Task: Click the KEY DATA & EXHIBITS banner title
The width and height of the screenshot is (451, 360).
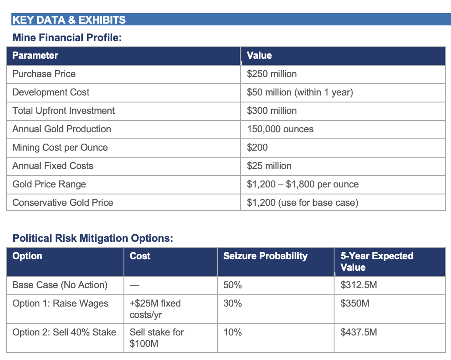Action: tap(69, 20)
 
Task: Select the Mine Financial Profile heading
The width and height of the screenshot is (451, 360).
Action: tap(67, 37)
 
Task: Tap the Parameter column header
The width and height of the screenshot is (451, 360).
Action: tap(35, 55)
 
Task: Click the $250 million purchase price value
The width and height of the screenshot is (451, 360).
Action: tap(271, 74)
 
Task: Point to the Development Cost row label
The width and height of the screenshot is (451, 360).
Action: tap(51, 92)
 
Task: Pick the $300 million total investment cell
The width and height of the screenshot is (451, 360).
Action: tap(271, 111)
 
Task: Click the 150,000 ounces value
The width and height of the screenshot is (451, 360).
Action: tap(280, 129)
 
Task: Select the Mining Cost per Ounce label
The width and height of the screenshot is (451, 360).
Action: tap(60, 147)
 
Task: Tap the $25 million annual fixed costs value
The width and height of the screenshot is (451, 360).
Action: tap(269, 166)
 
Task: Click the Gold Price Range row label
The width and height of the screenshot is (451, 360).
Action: tap(49, 184)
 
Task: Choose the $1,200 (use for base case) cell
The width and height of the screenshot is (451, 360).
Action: tap(303, 203)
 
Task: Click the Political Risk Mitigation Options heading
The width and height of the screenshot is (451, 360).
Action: tap(93, 238)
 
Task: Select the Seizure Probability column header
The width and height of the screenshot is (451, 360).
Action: tap(265, 256)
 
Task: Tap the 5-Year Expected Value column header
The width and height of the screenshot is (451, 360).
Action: tap(377, 261)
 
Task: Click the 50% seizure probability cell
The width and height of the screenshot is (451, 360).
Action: tap(233, 285)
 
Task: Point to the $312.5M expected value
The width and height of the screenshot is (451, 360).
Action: tap(359, 285)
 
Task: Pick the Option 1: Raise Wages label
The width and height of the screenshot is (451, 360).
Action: tap(60, 304)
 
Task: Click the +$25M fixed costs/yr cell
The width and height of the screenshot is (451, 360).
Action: tap(155, 309)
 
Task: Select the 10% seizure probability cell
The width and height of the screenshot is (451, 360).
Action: tap(233, 332)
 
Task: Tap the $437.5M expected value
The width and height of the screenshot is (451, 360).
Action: tap(359, 332)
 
